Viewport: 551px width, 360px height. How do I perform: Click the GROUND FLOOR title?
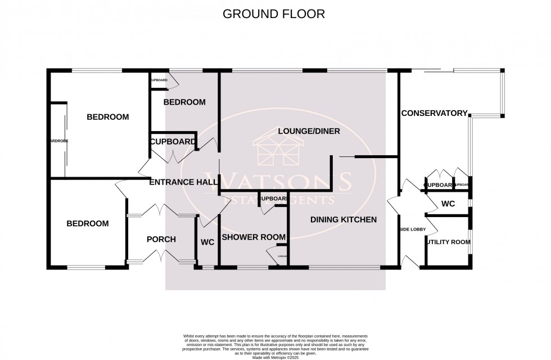274,14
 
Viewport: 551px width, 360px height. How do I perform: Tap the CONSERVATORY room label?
434,113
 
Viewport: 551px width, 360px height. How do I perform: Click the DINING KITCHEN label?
343,219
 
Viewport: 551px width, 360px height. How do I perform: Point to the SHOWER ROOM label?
253,237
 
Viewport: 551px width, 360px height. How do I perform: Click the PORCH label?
161,239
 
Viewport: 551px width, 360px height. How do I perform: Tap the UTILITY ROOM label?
448,242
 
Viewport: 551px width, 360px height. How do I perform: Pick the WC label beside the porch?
207,242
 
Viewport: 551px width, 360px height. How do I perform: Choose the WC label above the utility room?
448,204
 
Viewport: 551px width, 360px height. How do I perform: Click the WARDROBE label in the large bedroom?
58,141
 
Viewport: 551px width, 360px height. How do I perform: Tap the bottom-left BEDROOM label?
87,223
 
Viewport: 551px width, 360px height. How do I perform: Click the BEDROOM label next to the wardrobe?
107,117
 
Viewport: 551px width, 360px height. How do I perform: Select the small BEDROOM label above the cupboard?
184,102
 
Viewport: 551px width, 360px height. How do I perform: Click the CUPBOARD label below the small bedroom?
173,142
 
